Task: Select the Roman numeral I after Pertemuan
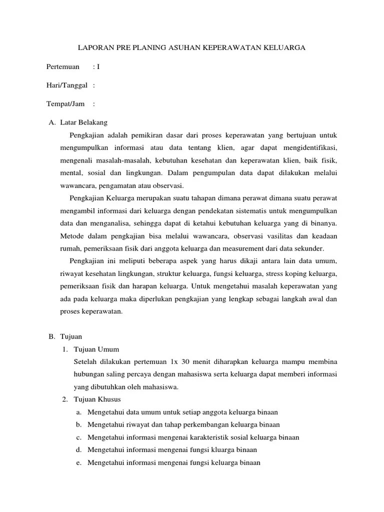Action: click(x=98, y=66)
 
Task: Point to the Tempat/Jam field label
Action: click(x=64, y=104)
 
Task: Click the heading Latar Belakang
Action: click(x=83, y=122)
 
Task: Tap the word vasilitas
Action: click(x=280, y=235)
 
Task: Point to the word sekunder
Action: click(x=309, y=248)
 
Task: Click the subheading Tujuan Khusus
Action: click(x=97, y=399)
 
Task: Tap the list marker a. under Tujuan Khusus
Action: click(x=79, y=412)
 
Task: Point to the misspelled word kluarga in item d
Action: click(x=222, y=450)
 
